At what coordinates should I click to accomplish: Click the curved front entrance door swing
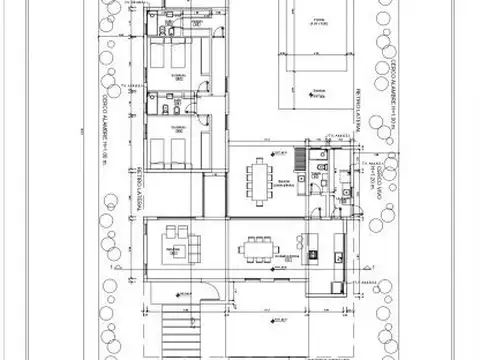211,291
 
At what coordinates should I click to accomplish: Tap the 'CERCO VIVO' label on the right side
383,185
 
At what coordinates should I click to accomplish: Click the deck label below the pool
317,96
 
